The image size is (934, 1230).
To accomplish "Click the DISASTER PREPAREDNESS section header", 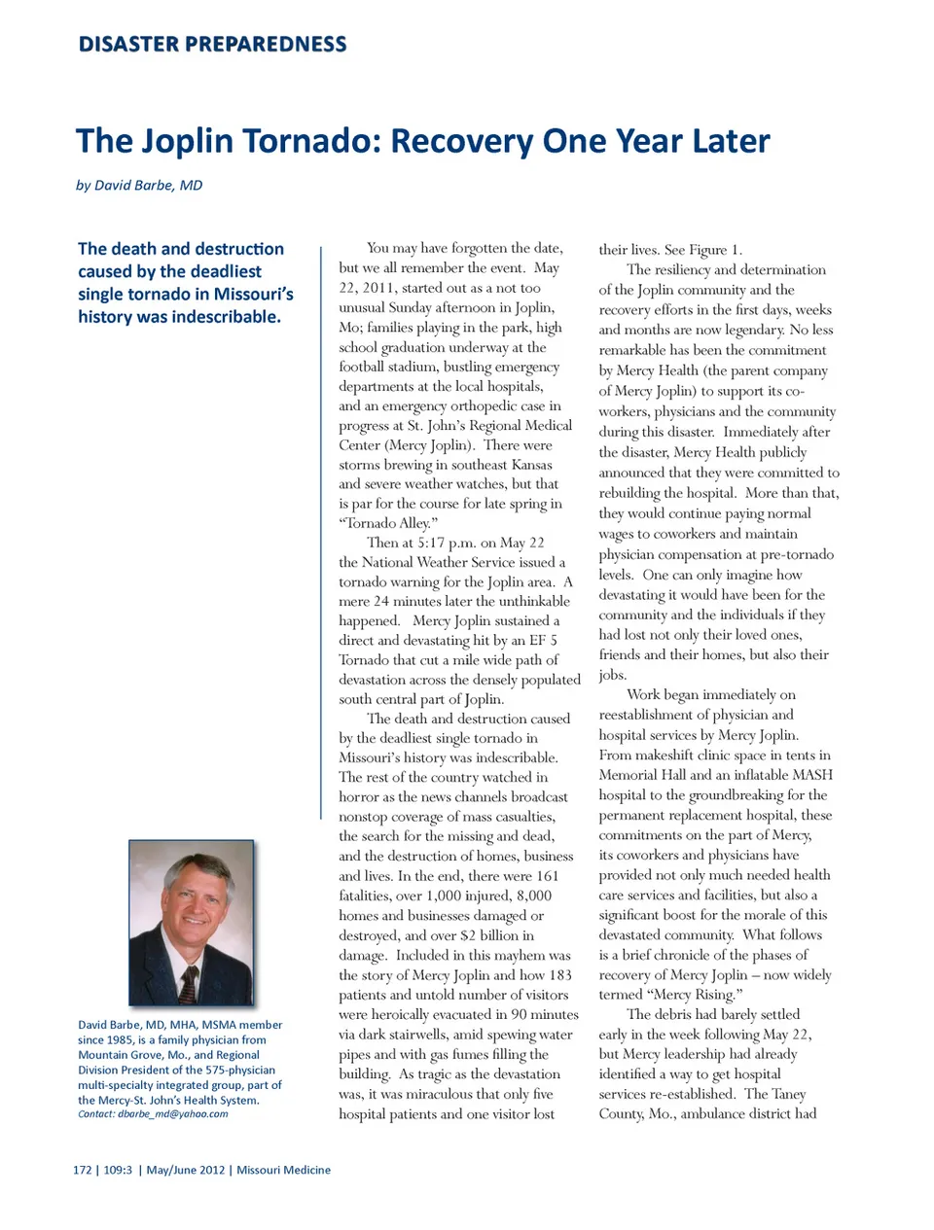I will pyautogui.click(x=212, y=44).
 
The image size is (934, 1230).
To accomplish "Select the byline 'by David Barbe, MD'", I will pyautogui.click(x=139, y=185).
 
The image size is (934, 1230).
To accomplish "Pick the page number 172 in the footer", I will pyautogui.click(x=82, y=1170).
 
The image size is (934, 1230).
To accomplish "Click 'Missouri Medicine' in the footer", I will pyautogui.click(x=283, y=1170).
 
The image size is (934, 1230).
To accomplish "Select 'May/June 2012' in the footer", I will pyautogui.click(x=185, y=1170).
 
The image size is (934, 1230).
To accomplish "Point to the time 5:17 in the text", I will pyautogui.click(x=431, y=543).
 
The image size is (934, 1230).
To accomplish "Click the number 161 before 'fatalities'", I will pyautogui.click(x=547, y=876).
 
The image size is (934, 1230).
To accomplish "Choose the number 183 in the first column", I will pyautogui.click(x=559, y=974).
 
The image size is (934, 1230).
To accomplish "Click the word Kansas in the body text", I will pyautogui.click(x=531, y=465).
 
